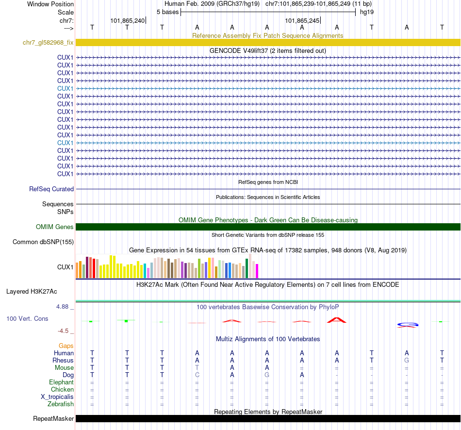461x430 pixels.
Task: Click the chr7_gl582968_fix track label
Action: coord(48,43)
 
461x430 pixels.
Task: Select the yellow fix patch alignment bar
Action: coord(268,43)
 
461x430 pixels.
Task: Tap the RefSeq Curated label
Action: coord(51,189)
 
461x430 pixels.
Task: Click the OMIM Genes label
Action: coord(55,227)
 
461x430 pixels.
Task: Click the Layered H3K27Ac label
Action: coord(32,292)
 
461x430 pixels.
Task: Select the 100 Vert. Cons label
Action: coord(27,319)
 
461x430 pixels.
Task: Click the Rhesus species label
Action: coord(63,361)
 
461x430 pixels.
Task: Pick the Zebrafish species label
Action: coord(61,404)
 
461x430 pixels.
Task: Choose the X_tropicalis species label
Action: coord(57,397)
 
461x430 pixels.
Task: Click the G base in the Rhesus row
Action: coord(407,361)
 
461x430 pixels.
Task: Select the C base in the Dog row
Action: coord(197,375)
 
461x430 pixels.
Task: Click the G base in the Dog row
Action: coord(267,375)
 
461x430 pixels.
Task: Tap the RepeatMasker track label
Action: coord(53,418)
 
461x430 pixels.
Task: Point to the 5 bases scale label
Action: coord(167,12)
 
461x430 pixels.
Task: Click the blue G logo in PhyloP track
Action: coord(408,324)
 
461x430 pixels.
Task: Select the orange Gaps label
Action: coord(66,346)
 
